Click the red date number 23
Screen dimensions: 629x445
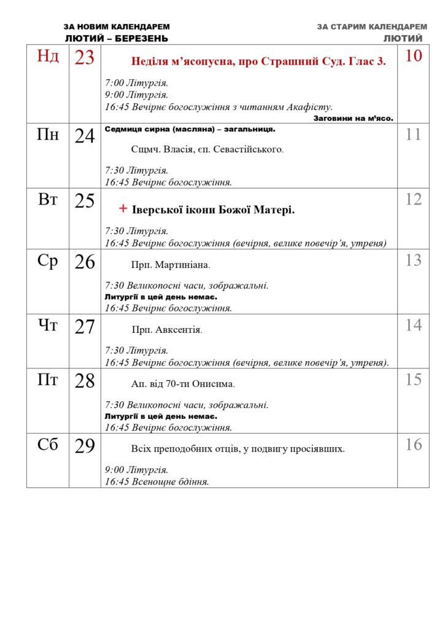click(85, 58)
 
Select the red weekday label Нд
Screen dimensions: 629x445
click(48, 57)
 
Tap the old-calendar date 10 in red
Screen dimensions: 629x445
click(414, 56)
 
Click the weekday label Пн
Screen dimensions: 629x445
click(48, 134)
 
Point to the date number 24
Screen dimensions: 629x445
click(85, 136)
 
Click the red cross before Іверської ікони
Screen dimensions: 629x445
click(123, 209)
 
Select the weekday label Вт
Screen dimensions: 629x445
click(48, 199)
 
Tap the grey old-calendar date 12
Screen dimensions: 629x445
click(414, 199)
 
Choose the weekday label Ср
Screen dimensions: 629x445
click(48, 261)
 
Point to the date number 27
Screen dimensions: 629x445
click(85, 327)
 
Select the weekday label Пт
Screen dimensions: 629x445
click(48, 380)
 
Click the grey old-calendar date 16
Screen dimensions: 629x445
click(414, 444)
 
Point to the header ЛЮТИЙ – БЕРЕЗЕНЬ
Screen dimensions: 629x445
click(117, 38)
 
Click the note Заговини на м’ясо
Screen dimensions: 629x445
click(353, 118)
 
